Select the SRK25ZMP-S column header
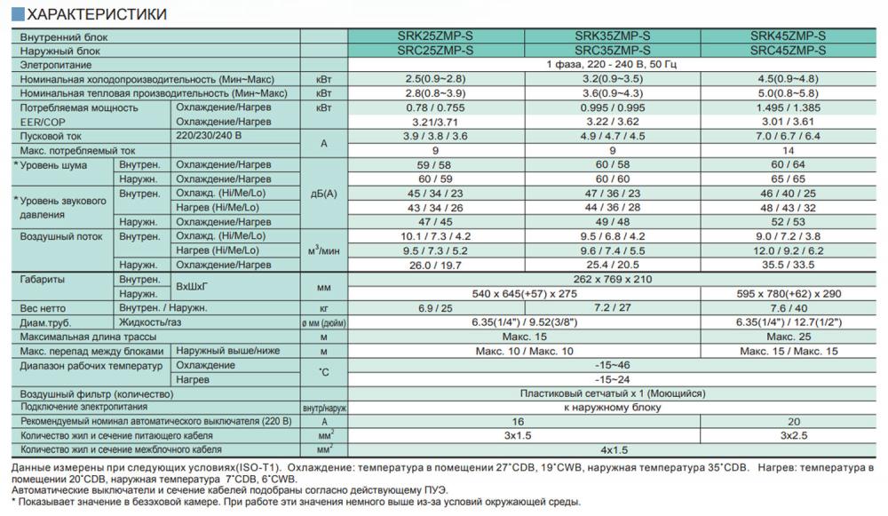tap(436, 36)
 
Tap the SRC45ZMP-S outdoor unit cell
tap(789, 51)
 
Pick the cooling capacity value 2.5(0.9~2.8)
tap(436, 79)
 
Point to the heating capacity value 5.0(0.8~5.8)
tap(789, 92)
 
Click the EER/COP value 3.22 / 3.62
tap(613, 121)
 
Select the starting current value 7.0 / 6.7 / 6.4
tap(789, 135)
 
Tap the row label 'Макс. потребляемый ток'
tap(78, 150)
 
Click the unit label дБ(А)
tap(323, 194)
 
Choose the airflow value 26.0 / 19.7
tap(436, 264)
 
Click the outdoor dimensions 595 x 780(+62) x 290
tap(789, 293)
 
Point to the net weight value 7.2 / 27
tap(613, 307)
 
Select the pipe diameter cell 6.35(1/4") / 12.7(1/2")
tap(789, 322)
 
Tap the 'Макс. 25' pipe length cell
tap(789, 336)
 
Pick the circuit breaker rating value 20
tap(789, 422)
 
